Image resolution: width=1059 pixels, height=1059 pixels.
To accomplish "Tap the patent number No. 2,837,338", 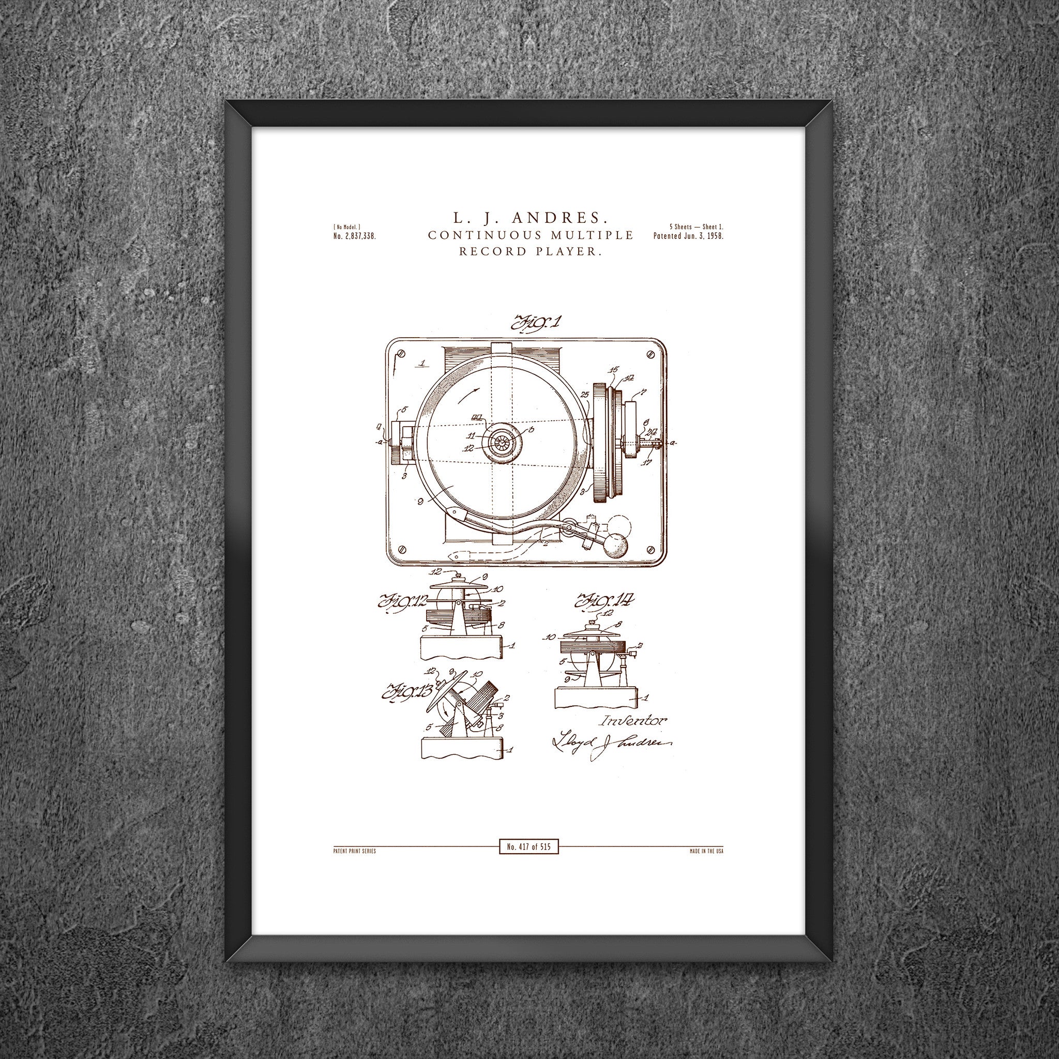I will tap(354, 236).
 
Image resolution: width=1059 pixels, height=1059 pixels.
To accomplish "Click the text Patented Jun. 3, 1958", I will tap(688, 236).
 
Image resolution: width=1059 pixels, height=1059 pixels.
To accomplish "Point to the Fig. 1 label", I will tap(535, 323).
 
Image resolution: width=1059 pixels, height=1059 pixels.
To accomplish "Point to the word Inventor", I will tap(634, 721).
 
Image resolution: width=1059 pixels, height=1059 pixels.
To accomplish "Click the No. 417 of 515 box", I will tap(528, 847).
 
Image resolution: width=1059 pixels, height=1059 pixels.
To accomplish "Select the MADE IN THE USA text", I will tap(706, 851).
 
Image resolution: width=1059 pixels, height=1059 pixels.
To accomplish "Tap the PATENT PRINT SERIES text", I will tap(354, 851).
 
